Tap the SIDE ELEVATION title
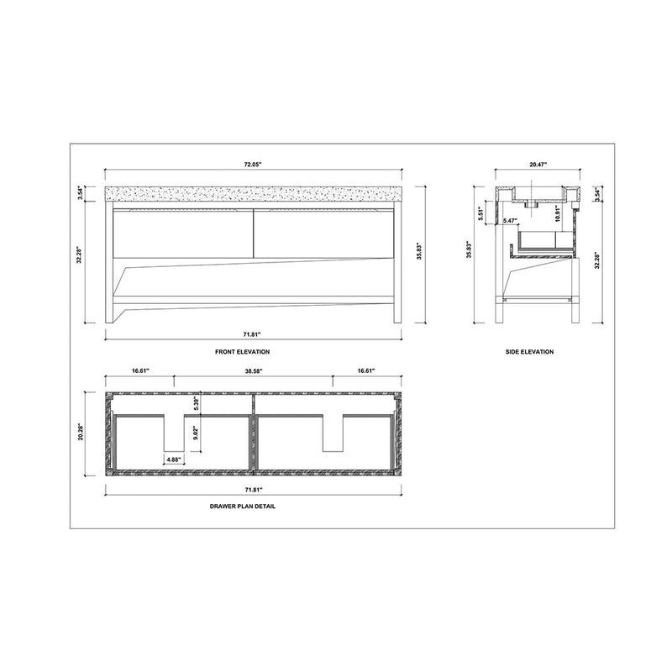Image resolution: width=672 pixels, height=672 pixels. [x=529, y=351]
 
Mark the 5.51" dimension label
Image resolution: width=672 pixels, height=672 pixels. [x=481, y=213]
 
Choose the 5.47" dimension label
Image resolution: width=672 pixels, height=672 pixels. [x=510, y=222]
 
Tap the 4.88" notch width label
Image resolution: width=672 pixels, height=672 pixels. [x=174, y=459]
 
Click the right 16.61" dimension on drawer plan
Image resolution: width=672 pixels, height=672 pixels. [x=365, y=370]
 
